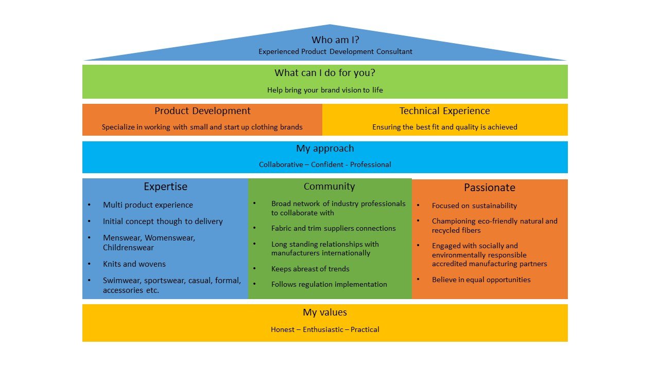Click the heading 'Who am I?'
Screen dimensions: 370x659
click(x=335, y=40)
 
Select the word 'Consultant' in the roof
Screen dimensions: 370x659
click(x=394, y=51)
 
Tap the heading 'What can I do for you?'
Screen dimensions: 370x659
click(x=325, y=73)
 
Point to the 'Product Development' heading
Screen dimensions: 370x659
click(x=202, y=111)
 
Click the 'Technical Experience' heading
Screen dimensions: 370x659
click(x=444, y=111)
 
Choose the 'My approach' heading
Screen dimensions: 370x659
click(x=325, y=149)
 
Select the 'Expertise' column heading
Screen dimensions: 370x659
click(x=165, y=187)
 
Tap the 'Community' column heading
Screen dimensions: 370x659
click(x=329, y=187)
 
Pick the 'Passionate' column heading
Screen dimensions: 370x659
click(x=489, y=188)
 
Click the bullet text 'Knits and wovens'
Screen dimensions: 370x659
click(x=134, y=264)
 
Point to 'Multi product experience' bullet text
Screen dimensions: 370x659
click(x=148, y=205)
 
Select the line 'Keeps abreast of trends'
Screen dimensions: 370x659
click(x=310, y=269)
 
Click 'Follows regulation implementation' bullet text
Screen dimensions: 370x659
click(x=329, y=284)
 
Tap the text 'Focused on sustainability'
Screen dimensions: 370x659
click(x=474, y=206)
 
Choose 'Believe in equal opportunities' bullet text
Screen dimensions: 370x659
click(x=481, y=280)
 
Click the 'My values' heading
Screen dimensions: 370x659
click(x=325, y=312)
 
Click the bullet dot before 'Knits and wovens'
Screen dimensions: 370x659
click(x=89, y=264)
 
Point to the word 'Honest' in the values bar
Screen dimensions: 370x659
click(x=283, y=329)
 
